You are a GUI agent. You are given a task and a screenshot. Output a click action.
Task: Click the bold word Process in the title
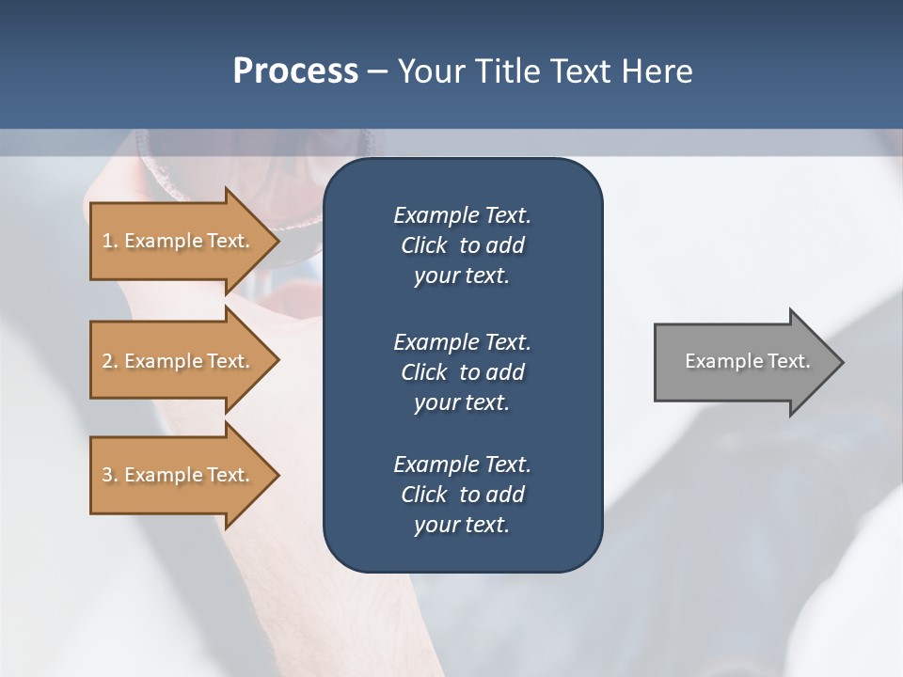pyautogui.click(x=295, y=71)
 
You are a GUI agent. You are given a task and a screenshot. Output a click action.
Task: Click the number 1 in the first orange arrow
pyautogui.click(x=107, y=241)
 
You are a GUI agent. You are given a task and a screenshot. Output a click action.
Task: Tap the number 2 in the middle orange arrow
pyautogui.click(x=107, y=361)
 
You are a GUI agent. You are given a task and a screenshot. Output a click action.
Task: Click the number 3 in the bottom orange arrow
pyautogui.click(x=107, y=475)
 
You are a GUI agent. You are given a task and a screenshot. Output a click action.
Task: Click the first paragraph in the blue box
pyautogui.click(x=462, y=245)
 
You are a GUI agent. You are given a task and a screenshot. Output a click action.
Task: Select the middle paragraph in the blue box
pyautogui.click(x=462, y=371)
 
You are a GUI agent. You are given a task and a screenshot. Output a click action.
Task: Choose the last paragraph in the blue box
pyautogui.click(x=462, y=495)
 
